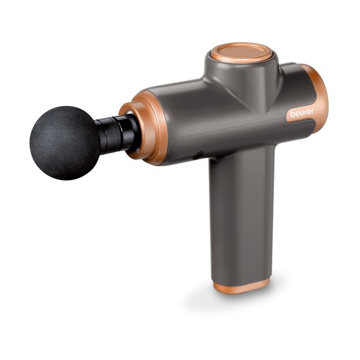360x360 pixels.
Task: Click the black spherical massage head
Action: pyautogui.click(x=65, y=143)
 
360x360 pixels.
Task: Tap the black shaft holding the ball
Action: pyautogui.click(x=117, y=134)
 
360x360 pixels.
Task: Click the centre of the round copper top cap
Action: pyautogui.click(x=241, y=52)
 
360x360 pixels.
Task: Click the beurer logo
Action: pyautogui.click(x=301, y=113)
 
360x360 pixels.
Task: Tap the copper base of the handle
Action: pyautogui.click(x=241, y=286)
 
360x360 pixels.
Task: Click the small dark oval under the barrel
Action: pyautogui.click(x=199, y=155)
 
